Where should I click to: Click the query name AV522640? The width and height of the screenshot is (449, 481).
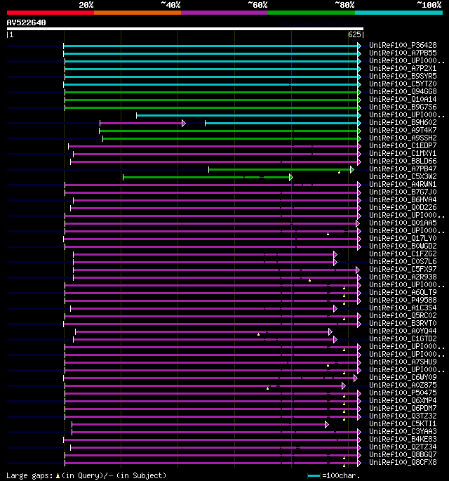tap(26, 22)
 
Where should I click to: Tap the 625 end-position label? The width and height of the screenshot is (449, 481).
tap(354, 34)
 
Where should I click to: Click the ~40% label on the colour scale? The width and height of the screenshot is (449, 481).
tap(170, 4)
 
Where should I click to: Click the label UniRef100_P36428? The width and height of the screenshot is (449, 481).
tap(403, 46)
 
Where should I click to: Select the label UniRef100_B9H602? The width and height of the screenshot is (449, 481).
tap(403, 123)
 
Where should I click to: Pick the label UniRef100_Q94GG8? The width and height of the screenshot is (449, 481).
tap(403, 92)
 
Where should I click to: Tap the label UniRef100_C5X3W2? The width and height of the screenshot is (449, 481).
tap(403, 177)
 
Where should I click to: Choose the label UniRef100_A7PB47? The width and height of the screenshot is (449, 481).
tap(403, 169)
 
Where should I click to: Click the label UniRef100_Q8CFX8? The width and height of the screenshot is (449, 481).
tap(403, 463)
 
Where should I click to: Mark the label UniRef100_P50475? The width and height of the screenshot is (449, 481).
tap(403, 393)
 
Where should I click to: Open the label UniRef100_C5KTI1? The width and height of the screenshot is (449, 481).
tap(403, 424)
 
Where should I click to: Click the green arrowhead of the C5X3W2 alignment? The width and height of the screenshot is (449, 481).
tap(290, 177)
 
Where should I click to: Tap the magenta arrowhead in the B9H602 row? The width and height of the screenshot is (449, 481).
tap(184, 123)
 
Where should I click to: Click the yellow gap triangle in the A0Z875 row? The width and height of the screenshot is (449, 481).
tap(267, 388)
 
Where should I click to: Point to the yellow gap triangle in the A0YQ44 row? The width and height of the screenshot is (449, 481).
tap(258, 334)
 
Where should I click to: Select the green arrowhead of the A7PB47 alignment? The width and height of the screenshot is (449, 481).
tap(352, 169)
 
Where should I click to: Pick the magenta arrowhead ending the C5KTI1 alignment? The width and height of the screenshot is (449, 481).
tap(326, 424)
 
